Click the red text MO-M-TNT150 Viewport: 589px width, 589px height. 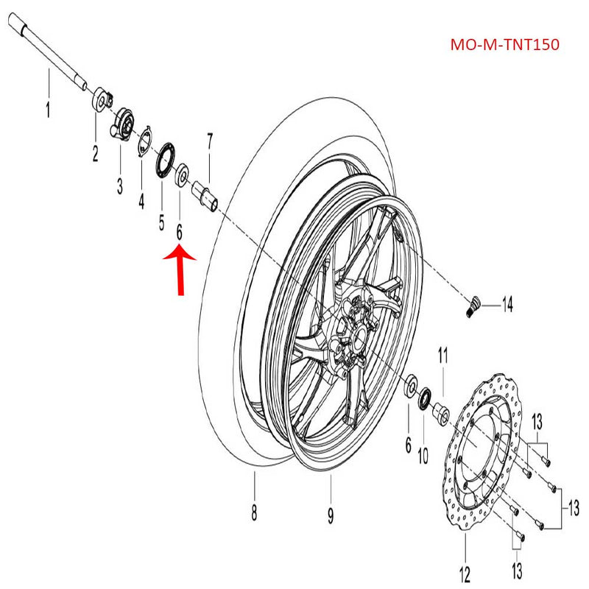pos(504,44)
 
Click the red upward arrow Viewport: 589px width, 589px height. pos(179,269)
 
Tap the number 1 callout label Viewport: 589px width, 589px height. pos(48,112)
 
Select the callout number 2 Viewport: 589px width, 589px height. pos(95,154)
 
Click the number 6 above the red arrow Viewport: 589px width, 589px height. pos(179,233)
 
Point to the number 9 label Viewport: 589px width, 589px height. pos(331,512)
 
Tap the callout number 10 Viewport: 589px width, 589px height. pos(423,455)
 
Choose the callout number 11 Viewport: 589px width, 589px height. pos(443,357)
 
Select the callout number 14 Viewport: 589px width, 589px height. pos(507,302)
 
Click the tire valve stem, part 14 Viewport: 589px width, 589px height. pos(474,304)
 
